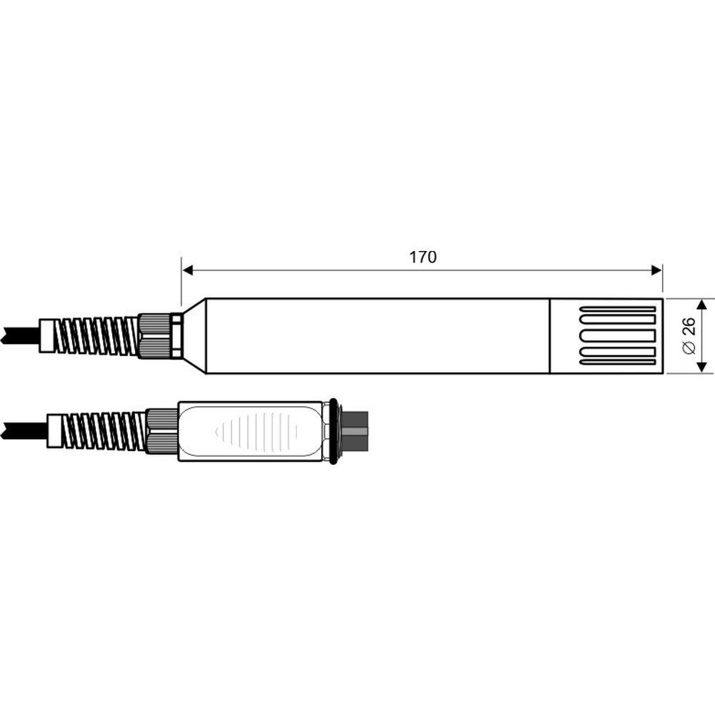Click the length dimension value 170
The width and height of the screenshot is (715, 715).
tap(423, 257)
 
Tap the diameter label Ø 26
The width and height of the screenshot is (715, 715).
tap(689, 336)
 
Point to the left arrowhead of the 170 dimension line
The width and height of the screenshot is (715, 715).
tap(188, 270)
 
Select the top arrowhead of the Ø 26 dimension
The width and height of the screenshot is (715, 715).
tap(702, 305)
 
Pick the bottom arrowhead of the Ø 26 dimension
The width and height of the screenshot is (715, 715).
tap(702, 367)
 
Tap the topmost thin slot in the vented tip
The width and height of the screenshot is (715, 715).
tap(618, 310)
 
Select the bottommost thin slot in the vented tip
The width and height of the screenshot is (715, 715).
tap(618, 363)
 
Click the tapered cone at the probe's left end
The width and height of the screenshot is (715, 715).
tap(194, 336)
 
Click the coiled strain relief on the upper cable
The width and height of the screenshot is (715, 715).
tap(97, 336)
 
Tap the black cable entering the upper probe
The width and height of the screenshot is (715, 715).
tap(18, 335)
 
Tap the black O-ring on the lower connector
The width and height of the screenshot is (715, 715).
tap(333, 431)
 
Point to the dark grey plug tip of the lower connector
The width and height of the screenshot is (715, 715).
tap(355, 431)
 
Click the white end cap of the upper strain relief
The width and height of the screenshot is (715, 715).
tap(48, 335)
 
